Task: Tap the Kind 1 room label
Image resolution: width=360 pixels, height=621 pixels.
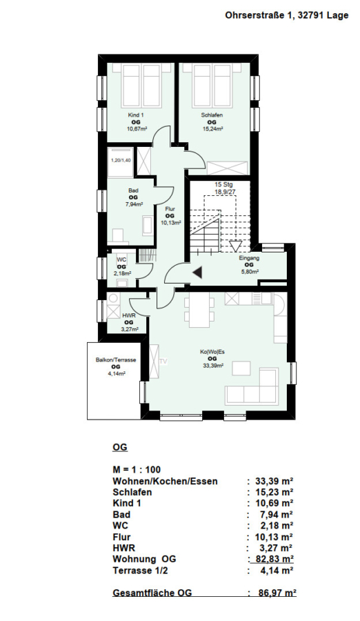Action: (x=136, y=115)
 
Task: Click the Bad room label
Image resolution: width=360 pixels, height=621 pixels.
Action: (x=133, y=191)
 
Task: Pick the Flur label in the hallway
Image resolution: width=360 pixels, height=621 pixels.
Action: (x=170, y=209)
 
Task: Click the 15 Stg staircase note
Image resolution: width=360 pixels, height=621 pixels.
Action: (x=223, y=184)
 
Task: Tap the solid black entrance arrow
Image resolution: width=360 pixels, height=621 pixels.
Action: (x=198, y=272)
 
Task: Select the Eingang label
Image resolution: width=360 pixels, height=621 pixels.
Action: (x=249, y=258)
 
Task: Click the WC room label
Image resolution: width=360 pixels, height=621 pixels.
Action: (x=121, y=260)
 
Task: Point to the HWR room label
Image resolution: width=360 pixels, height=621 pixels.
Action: (x=128, y=315)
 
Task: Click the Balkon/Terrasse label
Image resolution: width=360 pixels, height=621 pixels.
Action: (x=116, y=360)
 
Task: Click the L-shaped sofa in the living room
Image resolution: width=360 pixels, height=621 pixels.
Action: (x=252, y=387)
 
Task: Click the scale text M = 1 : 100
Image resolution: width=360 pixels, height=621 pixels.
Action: (x=137, y=470)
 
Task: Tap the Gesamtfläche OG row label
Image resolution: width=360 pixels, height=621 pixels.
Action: (x=152, y=593)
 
